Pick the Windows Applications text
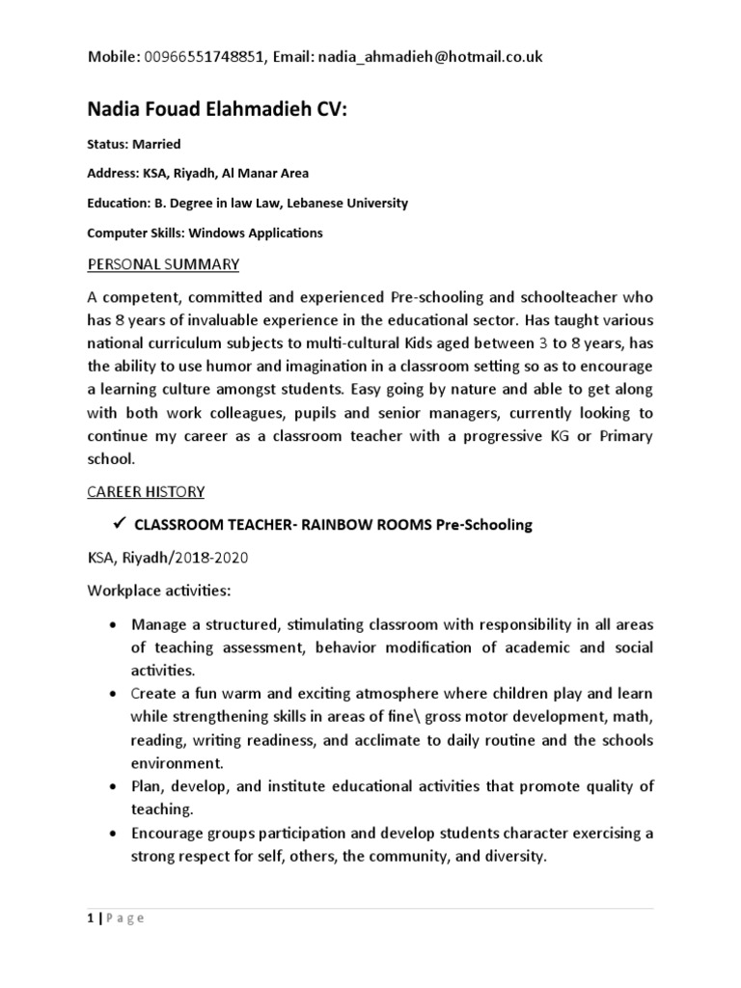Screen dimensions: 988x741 pyautogui.click(x=256, y=233)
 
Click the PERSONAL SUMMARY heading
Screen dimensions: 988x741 pyautogui.click(x=164, y=264)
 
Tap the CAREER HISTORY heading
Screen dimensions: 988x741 pyautogui.click(x=146, y=492)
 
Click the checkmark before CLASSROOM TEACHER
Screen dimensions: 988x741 pyautogui.click(x=120, y=524)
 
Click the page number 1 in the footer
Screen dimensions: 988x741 pyautogui.click(x=90, y=919)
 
